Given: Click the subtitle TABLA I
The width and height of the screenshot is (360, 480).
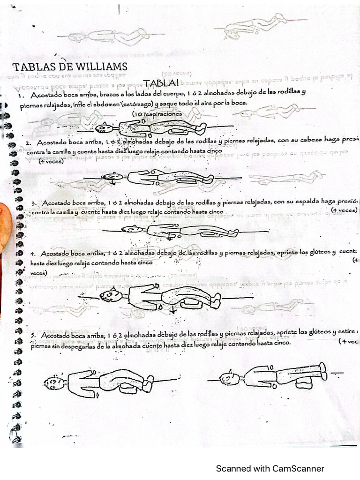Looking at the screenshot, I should click(161, 83).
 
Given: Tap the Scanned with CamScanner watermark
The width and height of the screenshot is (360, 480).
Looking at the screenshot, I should click(270, 468).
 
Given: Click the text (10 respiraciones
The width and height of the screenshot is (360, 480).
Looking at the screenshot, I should click(157, 114).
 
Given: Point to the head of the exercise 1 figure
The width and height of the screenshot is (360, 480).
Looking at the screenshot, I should click(102, 127).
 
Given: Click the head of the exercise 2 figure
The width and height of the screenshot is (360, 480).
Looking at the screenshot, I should click(111, 177).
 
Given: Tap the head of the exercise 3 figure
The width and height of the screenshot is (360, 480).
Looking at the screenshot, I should click(130, 229).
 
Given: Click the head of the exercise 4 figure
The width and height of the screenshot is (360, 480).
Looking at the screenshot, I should click(109, 295).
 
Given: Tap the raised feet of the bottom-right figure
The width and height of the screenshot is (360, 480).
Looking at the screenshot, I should click(323, 370).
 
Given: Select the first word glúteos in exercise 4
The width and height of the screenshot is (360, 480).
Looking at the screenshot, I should click(322, 253).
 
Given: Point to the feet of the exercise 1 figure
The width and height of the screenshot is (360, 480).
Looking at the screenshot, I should click(202, 127).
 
